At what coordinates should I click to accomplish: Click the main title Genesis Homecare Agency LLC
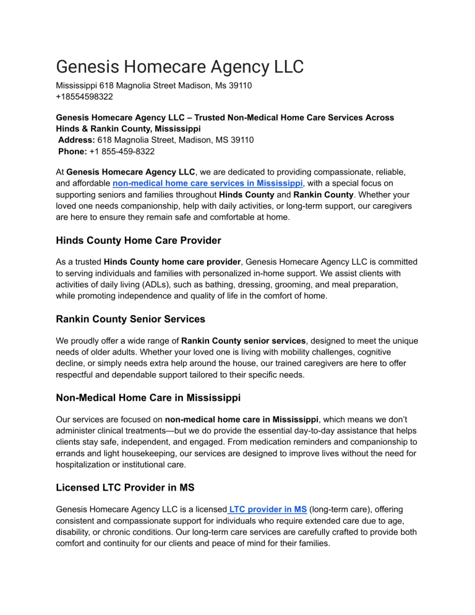pos(180,66)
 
